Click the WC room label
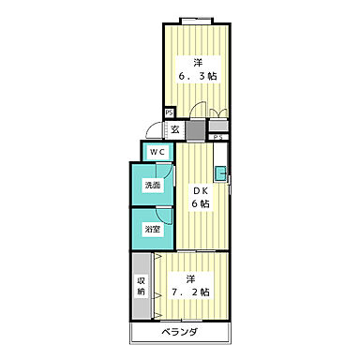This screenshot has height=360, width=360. coord(157,152)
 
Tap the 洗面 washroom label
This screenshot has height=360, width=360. coord(152,186)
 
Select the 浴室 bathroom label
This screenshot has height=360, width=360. coord(152,230)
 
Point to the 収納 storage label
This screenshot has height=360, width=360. coord(142,286)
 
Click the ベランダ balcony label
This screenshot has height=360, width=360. coord(179,333)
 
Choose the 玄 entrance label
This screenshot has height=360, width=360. coord(175,129)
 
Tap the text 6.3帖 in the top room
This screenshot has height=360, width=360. coord(198,76)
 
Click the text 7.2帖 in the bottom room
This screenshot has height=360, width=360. coord(190,292)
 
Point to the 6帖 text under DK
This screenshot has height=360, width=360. coord(201,203)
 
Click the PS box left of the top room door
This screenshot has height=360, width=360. coord(170,112)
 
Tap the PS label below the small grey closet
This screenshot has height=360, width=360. coord(218,137)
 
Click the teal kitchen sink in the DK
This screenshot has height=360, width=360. coord(220,173)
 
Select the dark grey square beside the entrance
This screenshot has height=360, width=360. coord(196,130)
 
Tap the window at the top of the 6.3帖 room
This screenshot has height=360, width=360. coord(196,21)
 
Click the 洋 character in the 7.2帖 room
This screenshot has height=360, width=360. coord(190,278)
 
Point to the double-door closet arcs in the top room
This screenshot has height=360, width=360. coord(218,113)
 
